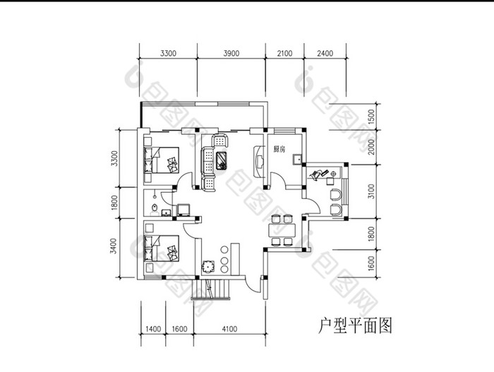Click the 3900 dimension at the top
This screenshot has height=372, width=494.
click(x=231, y=53)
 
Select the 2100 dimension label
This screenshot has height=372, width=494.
click(x=285, y=53)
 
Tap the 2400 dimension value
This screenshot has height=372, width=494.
click(x=325, y=53)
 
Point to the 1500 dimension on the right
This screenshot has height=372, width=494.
click(x=372, y=116)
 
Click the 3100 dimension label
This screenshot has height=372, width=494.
click(x=372, y=191)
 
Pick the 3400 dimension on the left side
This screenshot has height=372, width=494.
click(x=114, y=246)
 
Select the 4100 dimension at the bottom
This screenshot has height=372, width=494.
click(x=229, y=329)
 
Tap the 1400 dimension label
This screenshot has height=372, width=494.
click(x=153, y=329)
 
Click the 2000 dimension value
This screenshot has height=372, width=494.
click(x=372, y=147)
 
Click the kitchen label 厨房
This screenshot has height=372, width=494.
click(x=279, y=150)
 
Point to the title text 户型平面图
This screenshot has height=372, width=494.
click(x=355, y=325)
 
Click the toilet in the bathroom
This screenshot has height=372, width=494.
click(x=155, y=208)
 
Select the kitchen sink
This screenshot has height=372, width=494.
click(x=296, y=160)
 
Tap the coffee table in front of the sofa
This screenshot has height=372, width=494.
click(x=222, y=160)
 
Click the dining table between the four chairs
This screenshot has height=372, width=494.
click(x=282, y=230)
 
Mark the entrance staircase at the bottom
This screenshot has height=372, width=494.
click(x=211, y=289)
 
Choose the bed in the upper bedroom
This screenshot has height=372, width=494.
click(x=162, y=160)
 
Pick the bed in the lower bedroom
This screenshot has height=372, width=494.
click(x=162, y=248)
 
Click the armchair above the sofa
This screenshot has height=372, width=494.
click(x=220, y=140)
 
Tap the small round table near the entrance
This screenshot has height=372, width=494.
click(x=208, y=266)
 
